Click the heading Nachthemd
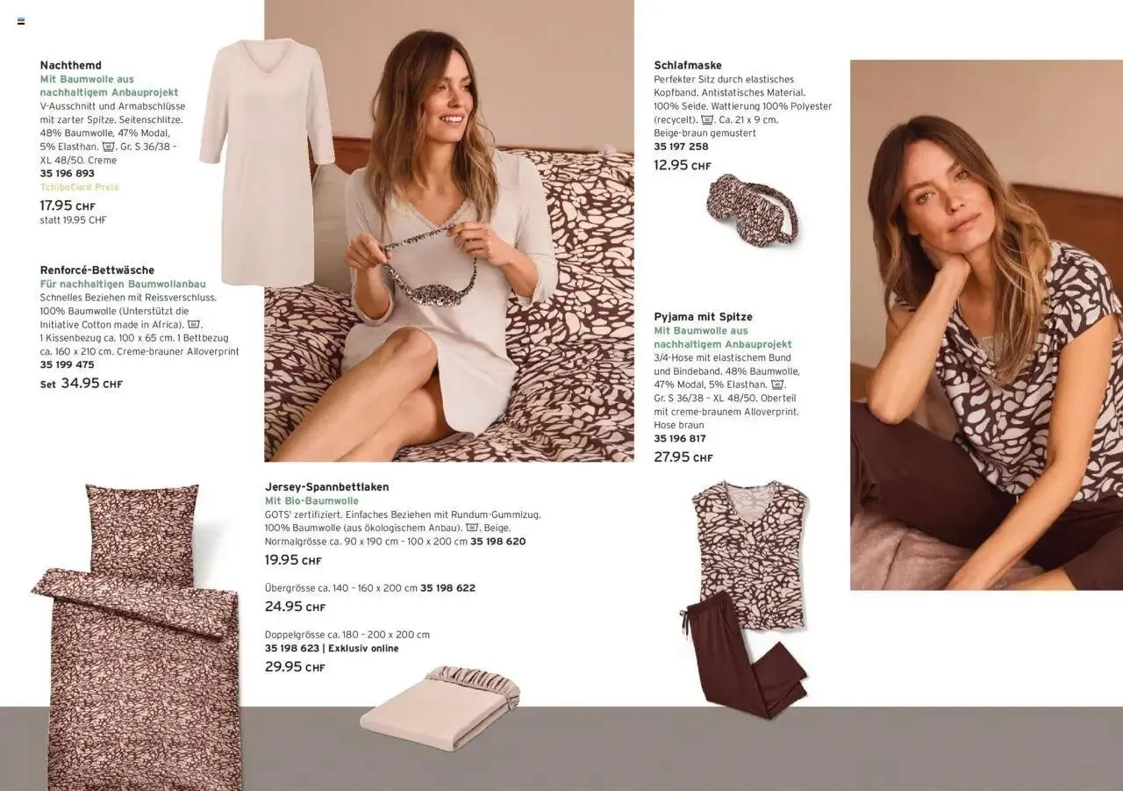pos(71,65)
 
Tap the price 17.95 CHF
pos(68,205)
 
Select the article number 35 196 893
pos(68,174)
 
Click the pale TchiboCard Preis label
pos(79,187)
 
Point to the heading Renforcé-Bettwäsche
pos(97,270)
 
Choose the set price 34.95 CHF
pos(82,384)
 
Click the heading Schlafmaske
pos(688,65)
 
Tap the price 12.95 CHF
pos(683,165)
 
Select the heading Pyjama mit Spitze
pos(704,317)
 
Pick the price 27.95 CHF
pos(683,457)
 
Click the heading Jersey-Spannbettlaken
pos(327,487)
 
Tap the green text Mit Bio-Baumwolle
pos(311,500)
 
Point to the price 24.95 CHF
pos(296,607)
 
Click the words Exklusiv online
pos(363,648)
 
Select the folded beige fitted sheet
pos(440,708)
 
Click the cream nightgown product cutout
pos(267,162)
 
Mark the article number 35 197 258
pos(681,147)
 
